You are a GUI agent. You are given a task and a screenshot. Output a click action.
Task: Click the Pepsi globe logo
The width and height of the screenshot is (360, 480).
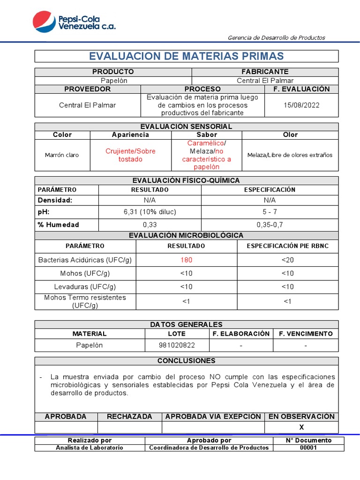coord(44,22)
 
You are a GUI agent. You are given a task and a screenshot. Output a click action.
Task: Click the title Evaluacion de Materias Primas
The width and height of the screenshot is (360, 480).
coord(186,56)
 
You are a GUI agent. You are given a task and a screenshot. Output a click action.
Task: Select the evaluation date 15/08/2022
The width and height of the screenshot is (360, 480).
coord(301,105)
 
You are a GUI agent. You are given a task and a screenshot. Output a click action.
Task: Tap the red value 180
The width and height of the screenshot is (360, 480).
coord(186,260)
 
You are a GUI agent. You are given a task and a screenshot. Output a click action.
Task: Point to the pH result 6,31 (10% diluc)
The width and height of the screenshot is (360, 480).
coord(150,212)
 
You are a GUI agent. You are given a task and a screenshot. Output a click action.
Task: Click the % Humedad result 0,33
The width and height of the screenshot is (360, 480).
coord(150,225)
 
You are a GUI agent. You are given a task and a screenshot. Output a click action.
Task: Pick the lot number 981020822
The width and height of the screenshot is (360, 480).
coord(177,345)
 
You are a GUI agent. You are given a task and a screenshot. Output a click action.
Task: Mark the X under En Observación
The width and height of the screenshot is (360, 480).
coord(301,427)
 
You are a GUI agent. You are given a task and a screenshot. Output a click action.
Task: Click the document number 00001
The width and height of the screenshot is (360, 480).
coord(308,448)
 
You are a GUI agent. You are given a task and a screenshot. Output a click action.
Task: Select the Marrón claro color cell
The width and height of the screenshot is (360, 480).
coord(62,155)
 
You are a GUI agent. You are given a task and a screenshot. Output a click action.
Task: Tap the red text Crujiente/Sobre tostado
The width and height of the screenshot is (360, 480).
coord(130,155)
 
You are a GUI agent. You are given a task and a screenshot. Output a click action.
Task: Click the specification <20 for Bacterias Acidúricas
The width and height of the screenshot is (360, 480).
coord(287,260)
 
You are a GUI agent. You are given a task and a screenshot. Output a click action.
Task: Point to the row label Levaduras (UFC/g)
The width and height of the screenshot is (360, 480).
coord(85,286)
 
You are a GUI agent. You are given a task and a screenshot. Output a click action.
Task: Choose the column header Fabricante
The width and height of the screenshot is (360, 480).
coord(265,72)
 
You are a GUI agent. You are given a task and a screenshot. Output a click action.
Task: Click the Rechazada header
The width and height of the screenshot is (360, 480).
coord(129,416)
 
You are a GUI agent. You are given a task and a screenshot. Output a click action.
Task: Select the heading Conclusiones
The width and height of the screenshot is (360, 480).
coord(186,360)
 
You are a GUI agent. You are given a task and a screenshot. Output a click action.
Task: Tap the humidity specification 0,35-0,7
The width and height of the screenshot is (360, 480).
coord(270,225)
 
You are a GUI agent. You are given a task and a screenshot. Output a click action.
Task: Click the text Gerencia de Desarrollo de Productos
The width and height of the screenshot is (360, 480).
coord(276,37)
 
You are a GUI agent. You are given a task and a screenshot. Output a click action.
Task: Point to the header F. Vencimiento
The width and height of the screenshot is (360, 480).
coord(306,334)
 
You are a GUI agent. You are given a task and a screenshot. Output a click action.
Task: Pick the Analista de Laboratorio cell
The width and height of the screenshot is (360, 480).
coord(90,448)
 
